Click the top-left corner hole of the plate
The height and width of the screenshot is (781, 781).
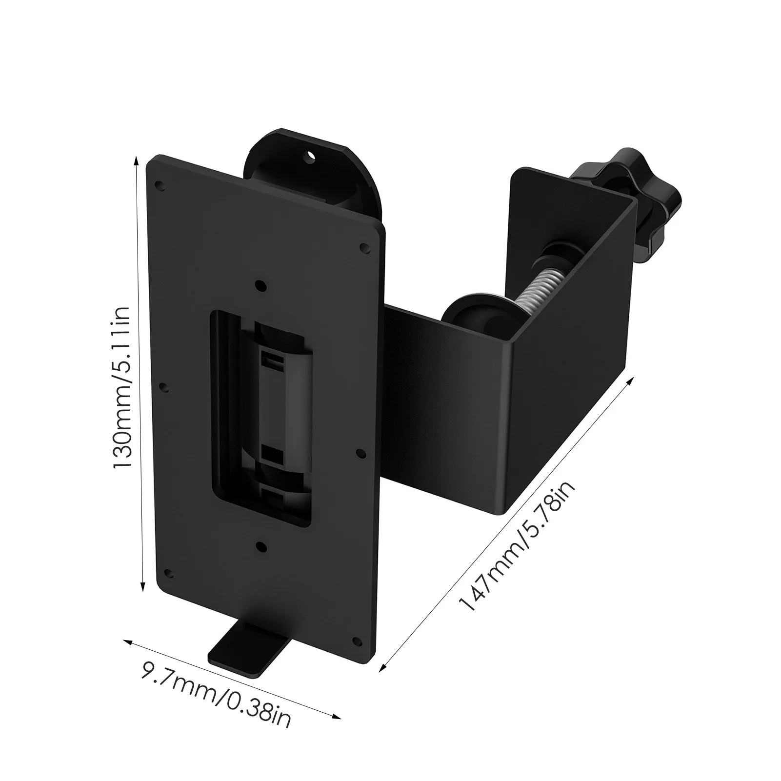[x=158, y=185]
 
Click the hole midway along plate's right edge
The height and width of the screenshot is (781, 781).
[x=360, y=453]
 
